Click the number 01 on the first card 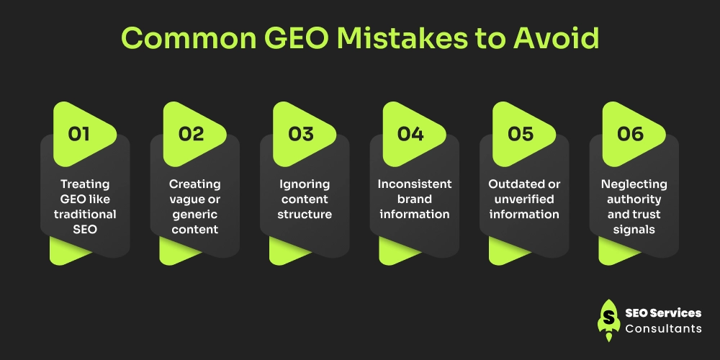79,135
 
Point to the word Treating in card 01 85,184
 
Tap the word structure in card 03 305,214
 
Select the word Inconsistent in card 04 414,184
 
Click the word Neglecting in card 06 634,184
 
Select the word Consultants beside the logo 663,328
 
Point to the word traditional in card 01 85,214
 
